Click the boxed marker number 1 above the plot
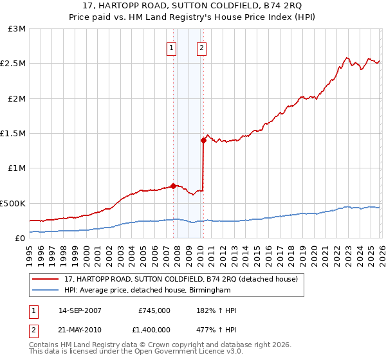click(172, 47)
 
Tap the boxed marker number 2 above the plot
click(202, 47)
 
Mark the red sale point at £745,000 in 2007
click(173, 186)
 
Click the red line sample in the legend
click(46, 280)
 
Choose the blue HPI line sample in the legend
click(46, 290)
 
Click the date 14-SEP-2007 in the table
click(80, 310)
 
